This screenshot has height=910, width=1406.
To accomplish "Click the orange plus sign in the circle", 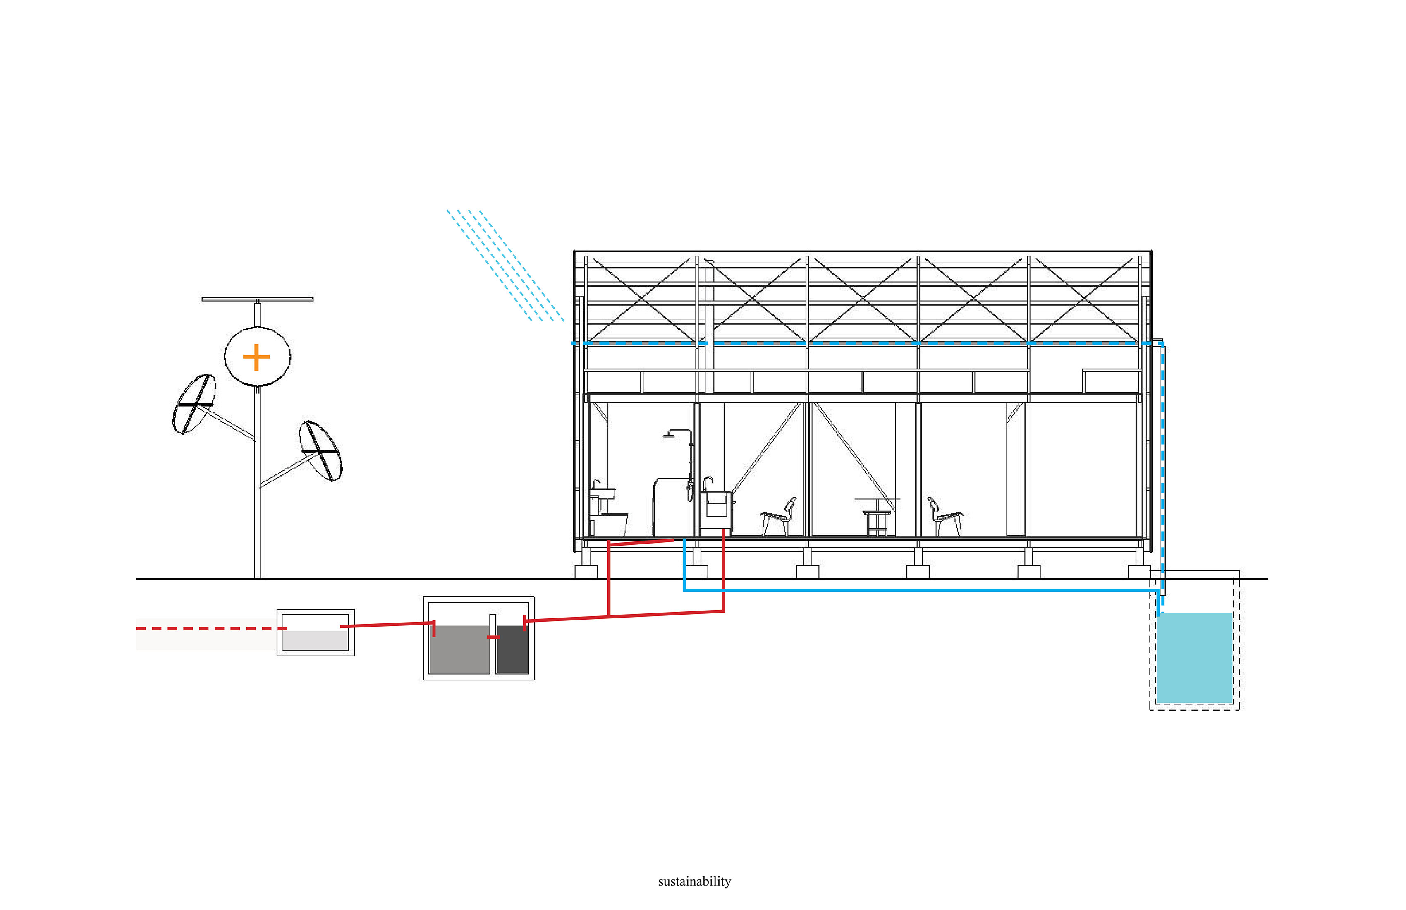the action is tap(256, 357).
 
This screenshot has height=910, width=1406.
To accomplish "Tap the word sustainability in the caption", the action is tap(694, 881).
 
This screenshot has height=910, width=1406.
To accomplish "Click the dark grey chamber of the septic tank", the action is tap(513, 649).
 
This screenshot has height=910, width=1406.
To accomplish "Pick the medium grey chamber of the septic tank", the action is tap(459, 649).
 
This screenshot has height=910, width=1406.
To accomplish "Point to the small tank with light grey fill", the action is tap(316, 632).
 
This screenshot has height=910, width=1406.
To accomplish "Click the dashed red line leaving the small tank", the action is tap(211, 629).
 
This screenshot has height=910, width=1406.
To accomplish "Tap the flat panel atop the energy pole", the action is tap(258, 299).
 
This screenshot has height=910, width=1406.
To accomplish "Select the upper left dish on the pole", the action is tap(194, 404).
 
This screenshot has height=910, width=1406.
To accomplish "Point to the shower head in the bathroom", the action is tap(670, 436).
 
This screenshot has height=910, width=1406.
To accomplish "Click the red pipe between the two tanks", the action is tap(387, 624).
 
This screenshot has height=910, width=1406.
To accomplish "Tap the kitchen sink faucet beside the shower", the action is tap(707, 484).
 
